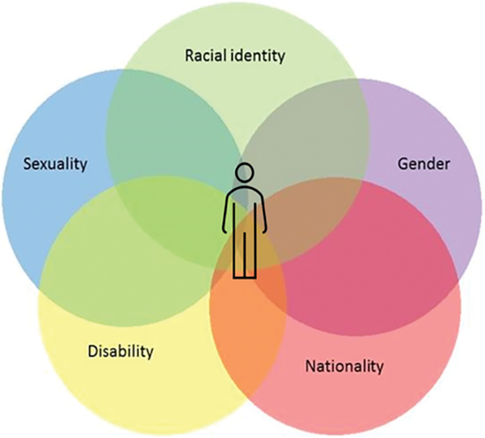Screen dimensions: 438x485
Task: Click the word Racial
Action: pos(205,56)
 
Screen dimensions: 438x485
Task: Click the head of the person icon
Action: pos(245,173)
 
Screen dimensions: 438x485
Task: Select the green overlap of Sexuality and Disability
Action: pos(81,243)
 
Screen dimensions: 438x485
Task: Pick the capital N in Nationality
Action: pos(310,366)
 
